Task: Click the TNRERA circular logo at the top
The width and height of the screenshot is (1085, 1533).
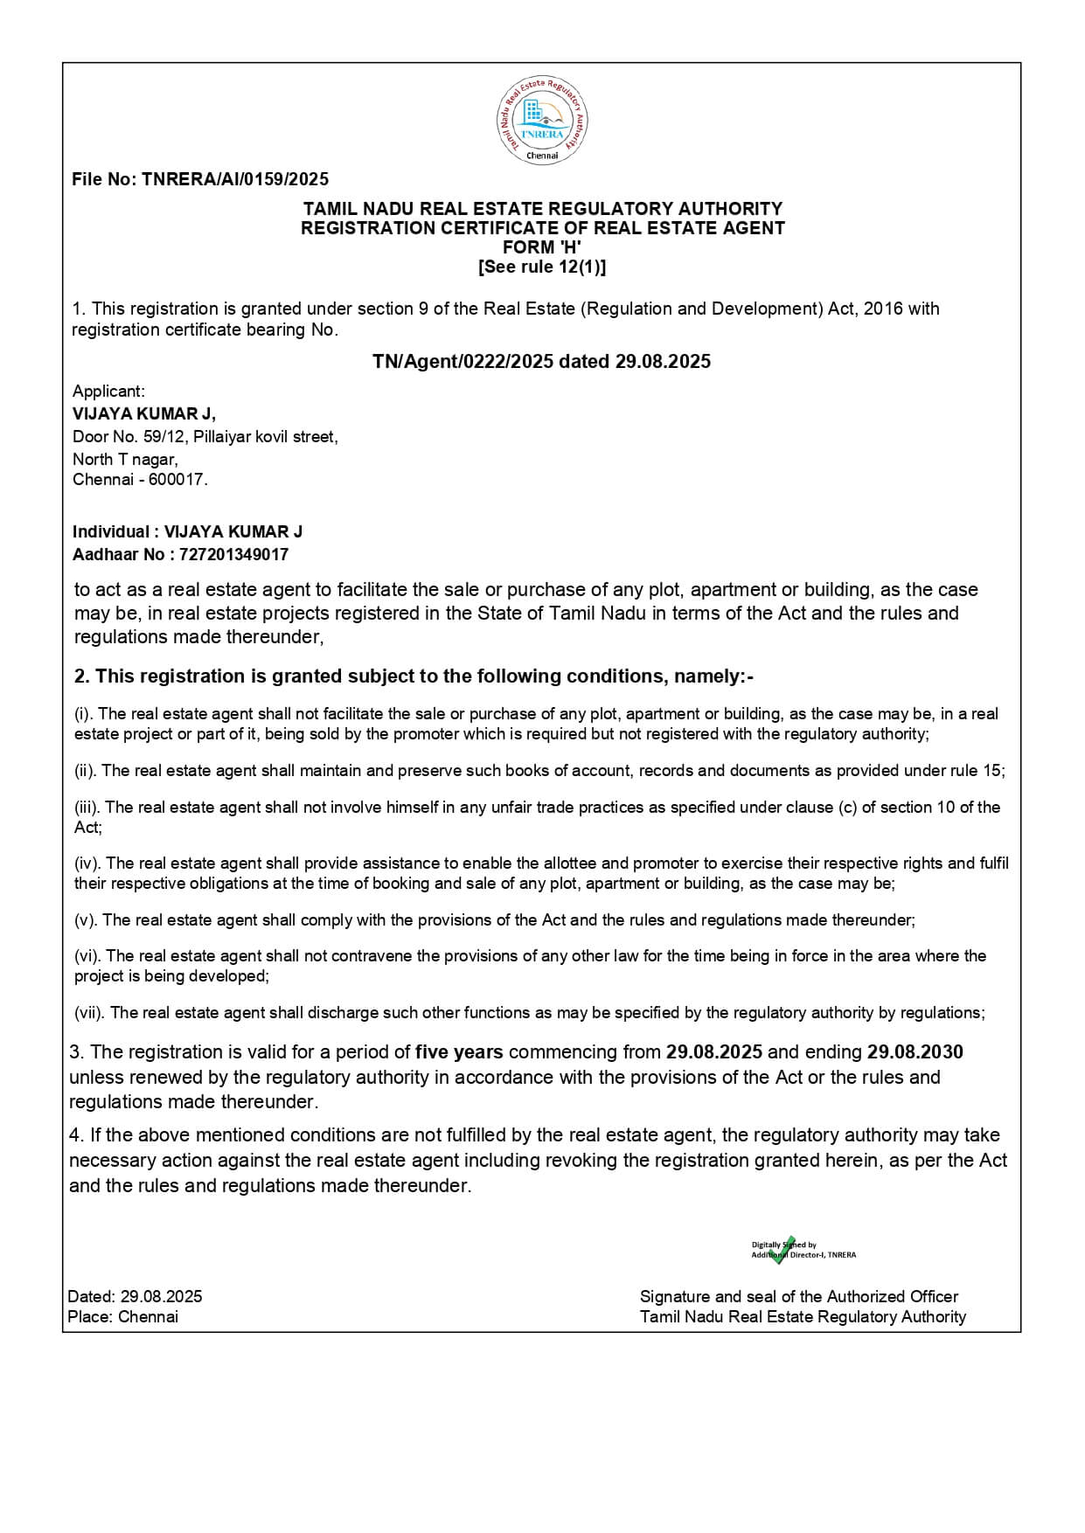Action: [x=542, y=121]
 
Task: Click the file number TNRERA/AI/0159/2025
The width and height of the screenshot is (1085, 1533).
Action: [x=235, y=179]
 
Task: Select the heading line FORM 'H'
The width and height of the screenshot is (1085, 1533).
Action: [x=542, y=247]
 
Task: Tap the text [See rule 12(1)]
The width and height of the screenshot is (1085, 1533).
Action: [x=542, y=267]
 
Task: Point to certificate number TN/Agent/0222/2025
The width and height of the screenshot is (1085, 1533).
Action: [x=463, y=362]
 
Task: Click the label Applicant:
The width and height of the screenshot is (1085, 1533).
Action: [x=108, y=392]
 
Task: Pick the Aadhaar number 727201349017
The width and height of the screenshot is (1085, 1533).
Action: [x=233, y=554]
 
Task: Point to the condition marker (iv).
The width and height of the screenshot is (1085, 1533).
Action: [x=87, y=864]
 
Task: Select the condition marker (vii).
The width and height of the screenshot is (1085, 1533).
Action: [x=89, y=1013]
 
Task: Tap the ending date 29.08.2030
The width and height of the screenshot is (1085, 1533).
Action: [x=915, y=1051]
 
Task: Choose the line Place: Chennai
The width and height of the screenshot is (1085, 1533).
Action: [x=122, y=1317]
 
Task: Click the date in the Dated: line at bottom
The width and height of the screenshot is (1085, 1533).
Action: [x=161, y=1297]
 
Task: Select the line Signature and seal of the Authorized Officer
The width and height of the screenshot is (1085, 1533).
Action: [x=799, y=1297]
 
